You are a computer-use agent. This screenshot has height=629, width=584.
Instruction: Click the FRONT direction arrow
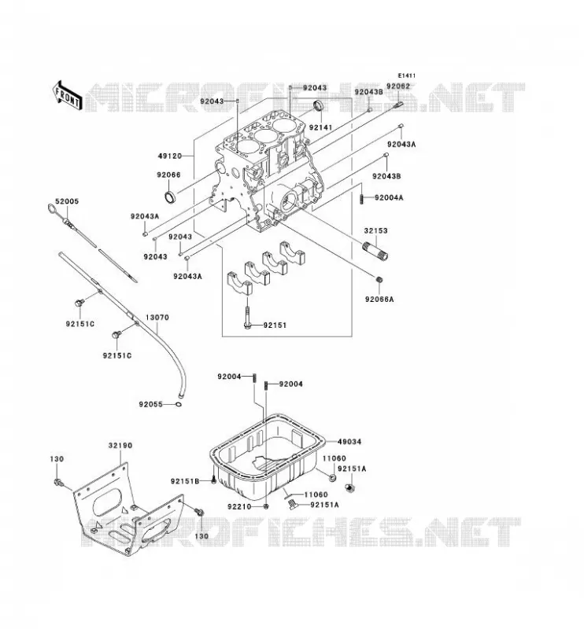[x=67, y=95]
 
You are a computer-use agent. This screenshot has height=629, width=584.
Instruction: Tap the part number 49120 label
[x=170, y=156]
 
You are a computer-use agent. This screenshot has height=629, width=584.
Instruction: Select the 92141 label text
[x=320, y=127]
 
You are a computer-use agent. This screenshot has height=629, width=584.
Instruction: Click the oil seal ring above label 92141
[x=319, y=105]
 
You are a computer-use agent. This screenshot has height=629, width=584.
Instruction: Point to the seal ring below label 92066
[x=170, y=197]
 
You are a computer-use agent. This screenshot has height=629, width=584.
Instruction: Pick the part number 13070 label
[x=157, y=318]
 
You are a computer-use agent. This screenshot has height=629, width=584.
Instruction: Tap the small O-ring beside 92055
[x=179, y=404]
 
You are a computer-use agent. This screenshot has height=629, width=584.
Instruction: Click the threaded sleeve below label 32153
[x=376, y=251]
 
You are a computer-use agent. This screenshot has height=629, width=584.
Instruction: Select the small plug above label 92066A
[x=379, y=279]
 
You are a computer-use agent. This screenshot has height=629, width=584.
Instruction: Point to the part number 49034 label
[x=349, y=442]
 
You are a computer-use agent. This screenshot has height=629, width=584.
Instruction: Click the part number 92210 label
[x=239, y=506]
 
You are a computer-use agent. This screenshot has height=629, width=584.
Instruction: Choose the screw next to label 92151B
[x=213, y=480]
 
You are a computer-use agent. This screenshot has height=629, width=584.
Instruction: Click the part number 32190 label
[x=120, y=445]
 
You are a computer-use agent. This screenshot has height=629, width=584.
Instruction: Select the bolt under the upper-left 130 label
[x=58, y=482]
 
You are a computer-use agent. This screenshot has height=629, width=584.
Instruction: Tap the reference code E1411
[x=407, y=75]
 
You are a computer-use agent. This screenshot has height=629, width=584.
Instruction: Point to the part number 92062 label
[x=398, y=86]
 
